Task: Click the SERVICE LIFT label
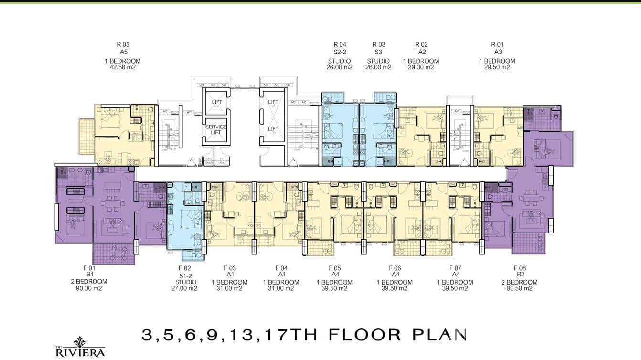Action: point(216,129)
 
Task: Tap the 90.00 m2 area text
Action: point(86,288)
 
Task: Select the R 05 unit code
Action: point(123,45)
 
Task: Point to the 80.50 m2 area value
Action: point(519,288)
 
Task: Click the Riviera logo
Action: point(80,348)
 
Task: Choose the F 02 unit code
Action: point(185,268)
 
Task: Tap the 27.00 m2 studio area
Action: point(185,288)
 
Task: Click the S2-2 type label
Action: point(340,52)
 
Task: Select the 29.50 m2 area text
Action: point(497,67)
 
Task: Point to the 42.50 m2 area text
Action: point(123,67)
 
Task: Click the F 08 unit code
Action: point(520,268)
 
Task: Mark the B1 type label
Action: point(86,275)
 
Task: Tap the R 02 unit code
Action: point(421,45)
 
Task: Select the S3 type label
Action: point(378,52)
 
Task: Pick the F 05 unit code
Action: point(334,268)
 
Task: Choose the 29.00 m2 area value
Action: point(421,67)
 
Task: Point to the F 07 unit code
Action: point(455,268)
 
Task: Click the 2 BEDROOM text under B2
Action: point(519,282)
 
